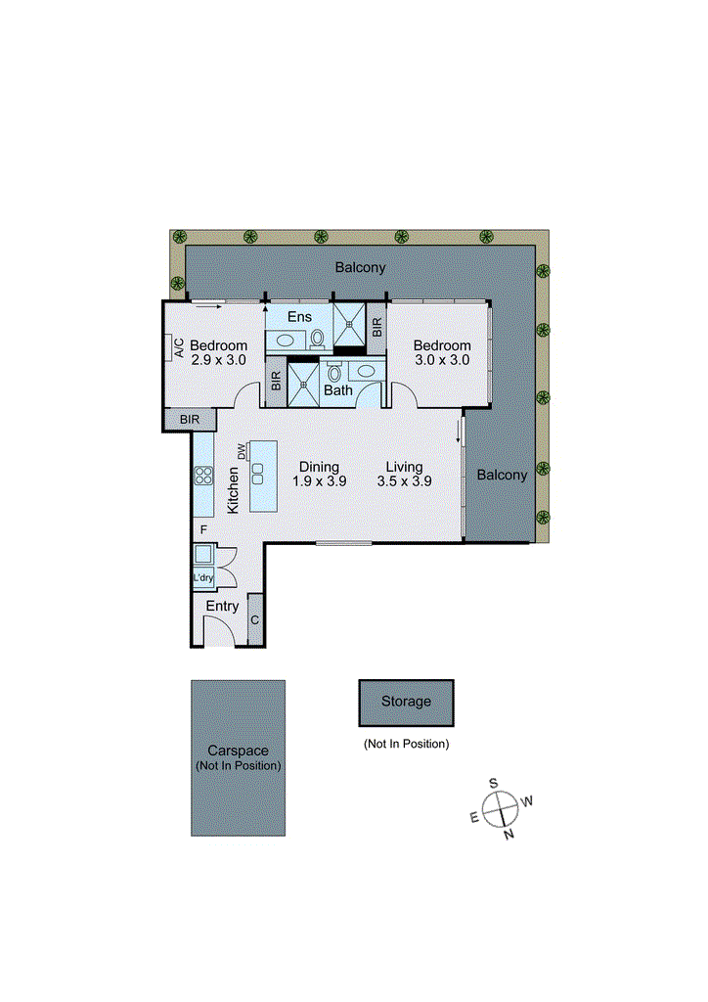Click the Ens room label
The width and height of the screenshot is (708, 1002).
[299, 316]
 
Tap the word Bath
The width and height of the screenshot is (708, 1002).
[338, 390]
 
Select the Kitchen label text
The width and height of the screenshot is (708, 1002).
[234, 490]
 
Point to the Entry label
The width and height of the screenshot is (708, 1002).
[222, 607]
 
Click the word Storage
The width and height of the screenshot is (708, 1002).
[406, 702]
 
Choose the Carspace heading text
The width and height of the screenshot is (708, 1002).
[238, 751]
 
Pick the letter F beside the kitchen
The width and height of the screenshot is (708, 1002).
[203, 529]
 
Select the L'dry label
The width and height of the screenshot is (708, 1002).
[202, 578]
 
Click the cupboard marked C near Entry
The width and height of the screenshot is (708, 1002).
[255, 620]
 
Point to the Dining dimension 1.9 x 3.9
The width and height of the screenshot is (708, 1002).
[319, 481]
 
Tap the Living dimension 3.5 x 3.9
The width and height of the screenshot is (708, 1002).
[404, 481]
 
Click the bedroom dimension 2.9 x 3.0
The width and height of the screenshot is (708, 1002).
[217, 360]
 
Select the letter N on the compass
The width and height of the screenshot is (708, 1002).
[509, 835]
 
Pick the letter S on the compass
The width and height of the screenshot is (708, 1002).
[495, 783]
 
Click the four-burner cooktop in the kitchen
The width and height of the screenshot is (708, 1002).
[204, 476]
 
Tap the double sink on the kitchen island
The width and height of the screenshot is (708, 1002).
[258, 474]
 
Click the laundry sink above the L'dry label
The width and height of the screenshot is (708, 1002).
[203, 554]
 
